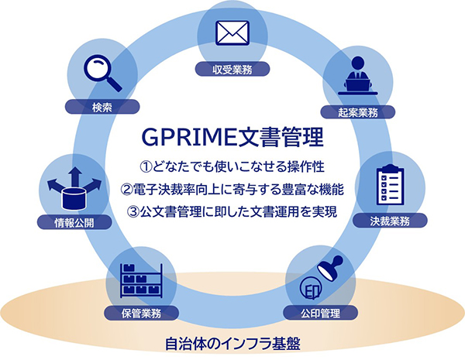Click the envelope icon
point(232,33)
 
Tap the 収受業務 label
point(232,70)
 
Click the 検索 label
point(102,107)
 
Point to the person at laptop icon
point(357,76)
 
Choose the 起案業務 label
point(357,112)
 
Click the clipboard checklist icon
point(391,184)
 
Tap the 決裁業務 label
point(390,221)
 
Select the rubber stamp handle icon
point(330,268)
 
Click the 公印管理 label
point(320,313)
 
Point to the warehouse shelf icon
point(141,280)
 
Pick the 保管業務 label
point(141,313)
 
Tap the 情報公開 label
point(74,222)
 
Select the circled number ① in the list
point(146,166)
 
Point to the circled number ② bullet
point(126,190)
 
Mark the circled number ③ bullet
point(133,212)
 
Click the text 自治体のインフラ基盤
point(232,344)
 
